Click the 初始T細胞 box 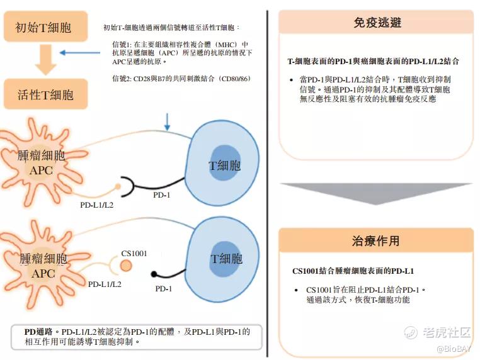point(45,26)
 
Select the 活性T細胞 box point(45,94)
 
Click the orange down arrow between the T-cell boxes point(45,60)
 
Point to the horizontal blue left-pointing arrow point(79,53)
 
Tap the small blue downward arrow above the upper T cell point(167,122)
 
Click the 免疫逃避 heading point(377,23)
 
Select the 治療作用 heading point(375,241)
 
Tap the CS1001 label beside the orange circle point(134,254)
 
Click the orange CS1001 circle point(126,266)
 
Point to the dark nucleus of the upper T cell point(224,163)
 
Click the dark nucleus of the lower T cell point(226,259)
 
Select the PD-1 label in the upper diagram point(162,195)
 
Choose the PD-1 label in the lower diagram point(164,288)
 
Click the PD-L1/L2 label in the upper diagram point(97,205)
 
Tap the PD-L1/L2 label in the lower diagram point(105,284)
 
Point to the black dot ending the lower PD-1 point(154,274)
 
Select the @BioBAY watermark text point(454,349)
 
